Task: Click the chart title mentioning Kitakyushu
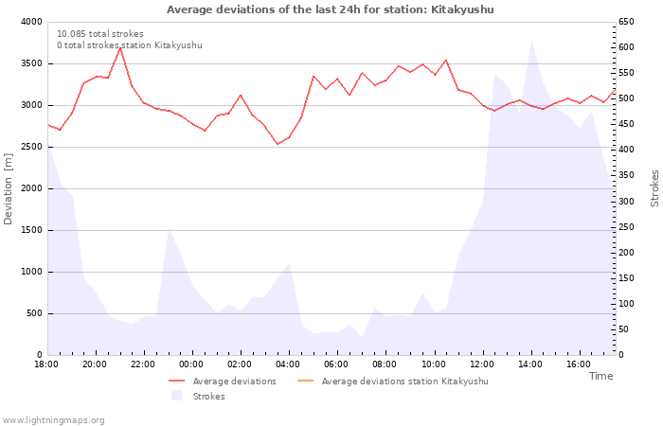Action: coord(330,9)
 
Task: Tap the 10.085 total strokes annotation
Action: coord(100,34)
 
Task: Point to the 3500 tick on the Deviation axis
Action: coord(31,63)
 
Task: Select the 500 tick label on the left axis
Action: coord(35,313)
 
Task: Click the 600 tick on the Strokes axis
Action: coord(626,47)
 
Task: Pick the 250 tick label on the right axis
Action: coord(626,227)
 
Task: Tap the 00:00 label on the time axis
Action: coord(191,364)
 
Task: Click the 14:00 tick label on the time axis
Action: coord(530,364)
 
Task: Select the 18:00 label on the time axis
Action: coord(46,364)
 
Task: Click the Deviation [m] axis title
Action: coord(8,188)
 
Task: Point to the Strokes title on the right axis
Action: coord(654,188)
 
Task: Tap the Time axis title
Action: coord(600,376)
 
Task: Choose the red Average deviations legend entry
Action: coord(223,382)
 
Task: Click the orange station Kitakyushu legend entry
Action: coord(393,382)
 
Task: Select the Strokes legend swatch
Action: coord(176,396)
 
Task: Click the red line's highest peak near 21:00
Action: coord(120,47)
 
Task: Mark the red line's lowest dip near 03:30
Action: coord(278,144)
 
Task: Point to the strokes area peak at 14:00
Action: coord(531,42)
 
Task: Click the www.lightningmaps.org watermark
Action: coord(53,420)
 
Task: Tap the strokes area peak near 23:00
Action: coord(169,229)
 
